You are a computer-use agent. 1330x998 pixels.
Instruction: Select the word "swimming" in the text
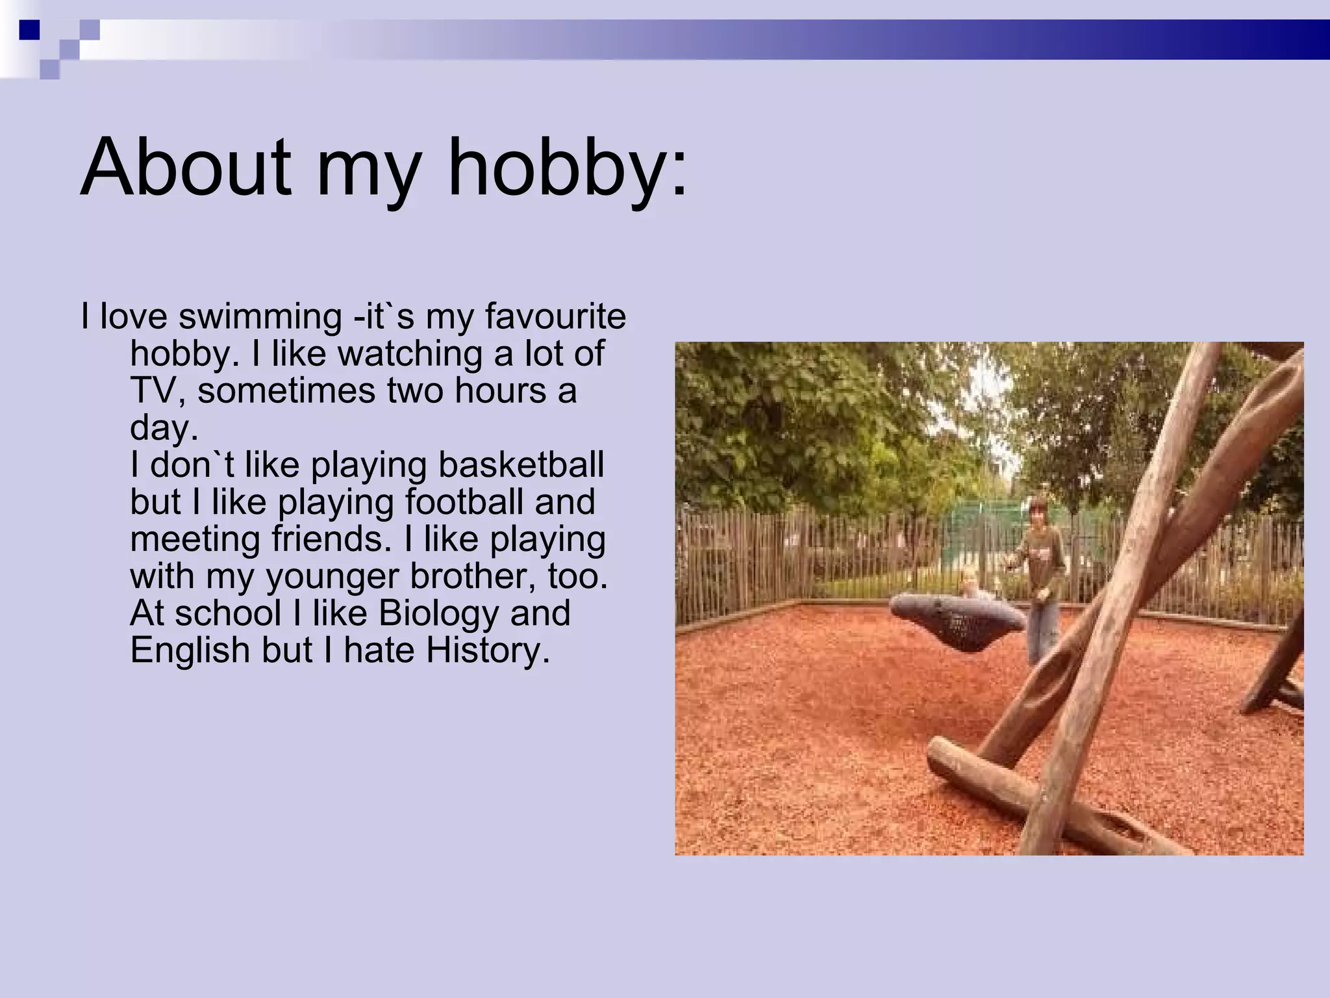pyautogui.click(x=260, y=316)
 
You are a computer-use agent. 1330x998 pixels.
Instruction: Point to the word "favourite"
pyautogui.click(x=555, y=316)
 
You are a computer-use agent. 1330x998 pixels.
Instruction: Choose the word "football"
pyautogui.click(x=464, y=502)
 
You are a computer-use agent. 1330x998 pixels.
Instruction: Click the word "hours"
pyautogui.click(x=500, y=390)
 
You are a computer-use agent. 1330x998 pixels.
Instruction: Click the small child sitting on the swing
pyautogui.click(x=970, y=585)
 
